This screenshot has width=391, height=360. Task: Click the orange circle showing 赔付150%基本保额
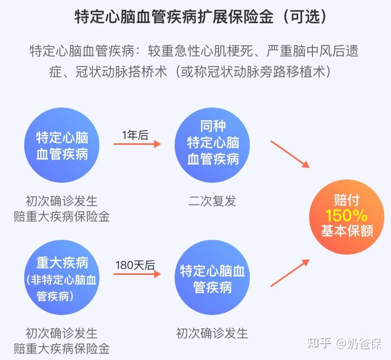[347, 217]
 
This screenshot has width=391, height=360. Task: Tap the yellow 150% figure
[347, 216]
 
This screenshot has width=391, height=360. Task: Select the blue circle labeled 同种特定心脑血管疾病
[212, 145]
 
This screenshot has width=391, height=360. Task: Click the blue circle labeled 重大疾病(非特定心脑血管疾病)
[62, 277]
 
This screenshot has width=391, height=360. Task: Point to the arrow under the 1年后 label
[137, 144]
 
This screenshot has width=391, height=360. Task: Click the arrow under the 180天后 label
[137, 274]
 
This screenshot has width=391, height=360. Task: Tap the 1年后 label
[135, 136]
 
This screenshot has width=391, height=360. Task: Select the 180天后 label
[135, 265]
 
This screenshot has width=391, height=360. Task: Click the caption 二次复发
[212, 201]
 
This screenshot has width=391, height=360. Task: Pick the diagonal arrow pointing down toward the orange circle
[290, 154]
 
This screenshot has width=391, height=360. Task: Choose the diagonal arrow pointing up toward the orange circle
[290, 273]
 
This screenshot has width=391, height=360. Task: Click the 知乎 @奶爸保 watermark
[344, 344]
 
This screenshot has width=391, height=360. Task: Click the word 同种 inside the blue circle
[213, 126]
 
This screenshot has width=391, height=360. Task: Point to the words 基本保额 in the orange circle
[347, 230]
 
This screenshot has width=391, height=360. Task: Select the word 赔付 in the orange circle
[347, 200]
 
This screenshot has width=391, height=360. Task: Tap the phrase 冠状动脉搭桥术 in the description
[121, 72]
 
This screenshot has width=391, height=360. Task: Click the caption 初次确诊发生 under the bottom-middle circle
[212, 333]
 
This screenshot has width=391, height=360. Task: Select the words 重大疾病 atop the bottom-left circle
[62, 262]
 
